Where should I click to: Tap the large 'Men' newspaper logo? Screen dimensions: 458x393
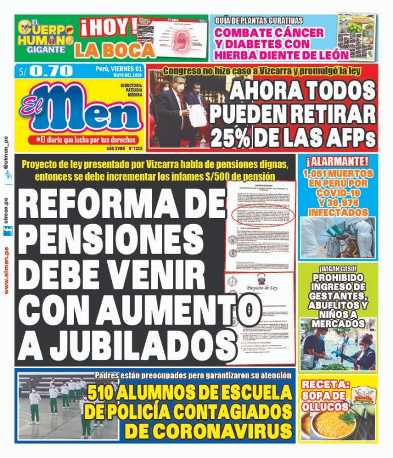coord(79,111)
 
